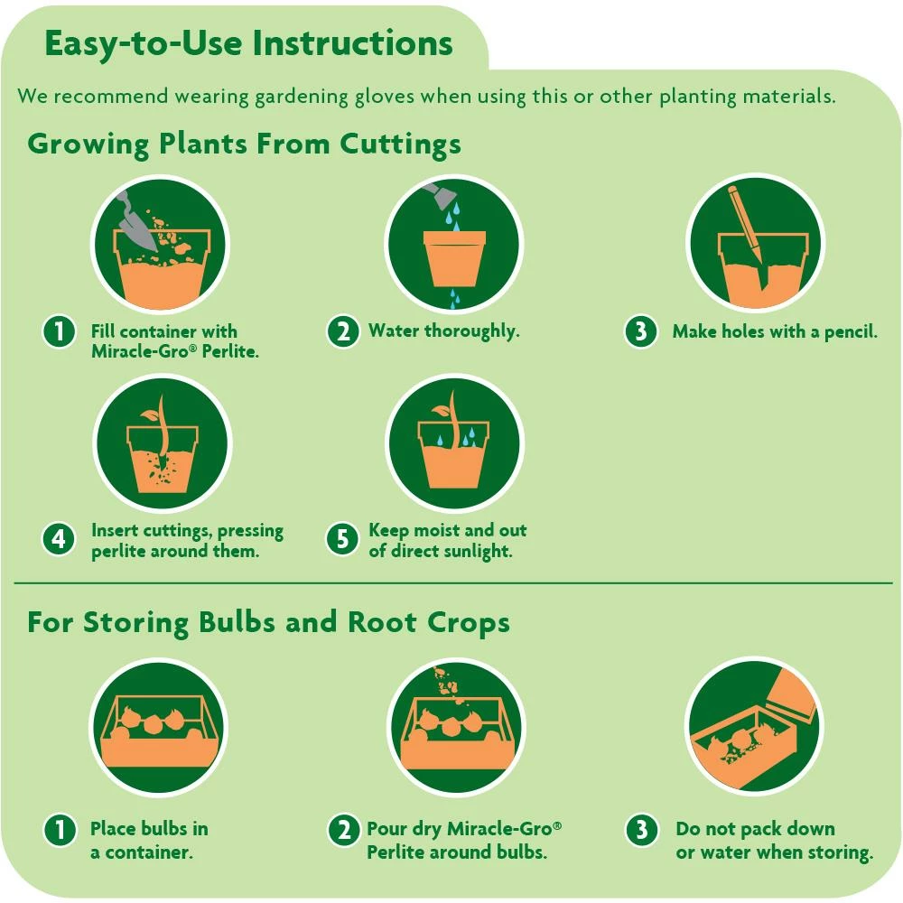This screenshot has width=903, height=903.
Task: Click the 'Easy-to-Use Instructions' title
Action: pos(248,43)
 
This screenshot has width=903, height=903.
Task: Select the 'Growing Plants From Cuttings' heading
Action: pos(244,144)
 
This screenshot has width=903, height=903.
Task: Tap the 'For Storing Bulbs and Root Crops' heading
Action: pos(268,622)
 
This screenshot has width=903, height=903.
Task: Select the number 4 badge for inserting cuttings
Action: pos(59,539)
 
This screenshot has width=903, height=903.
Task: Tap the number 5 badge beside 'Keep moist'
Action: pos(342,539)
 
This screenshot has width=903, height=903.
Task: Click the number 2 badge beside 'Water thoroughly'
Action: pos(342,331)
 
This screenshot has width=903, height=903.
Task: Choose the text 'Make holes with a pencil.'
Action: pos(774,331)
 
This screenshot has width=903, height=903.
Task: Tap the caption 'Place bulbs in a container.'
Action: pos(148,840)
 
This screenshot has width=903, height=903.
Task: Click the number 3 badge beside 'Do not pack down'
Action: pos(641,829)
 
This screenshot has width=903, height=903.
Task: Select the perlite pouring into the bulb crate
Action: pos(447,686)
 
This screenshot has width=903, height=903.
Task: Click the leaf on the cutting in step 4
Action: pos(148,417)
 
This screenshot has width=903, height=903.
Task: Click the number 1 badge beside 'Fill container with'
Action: pos(59,331)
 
